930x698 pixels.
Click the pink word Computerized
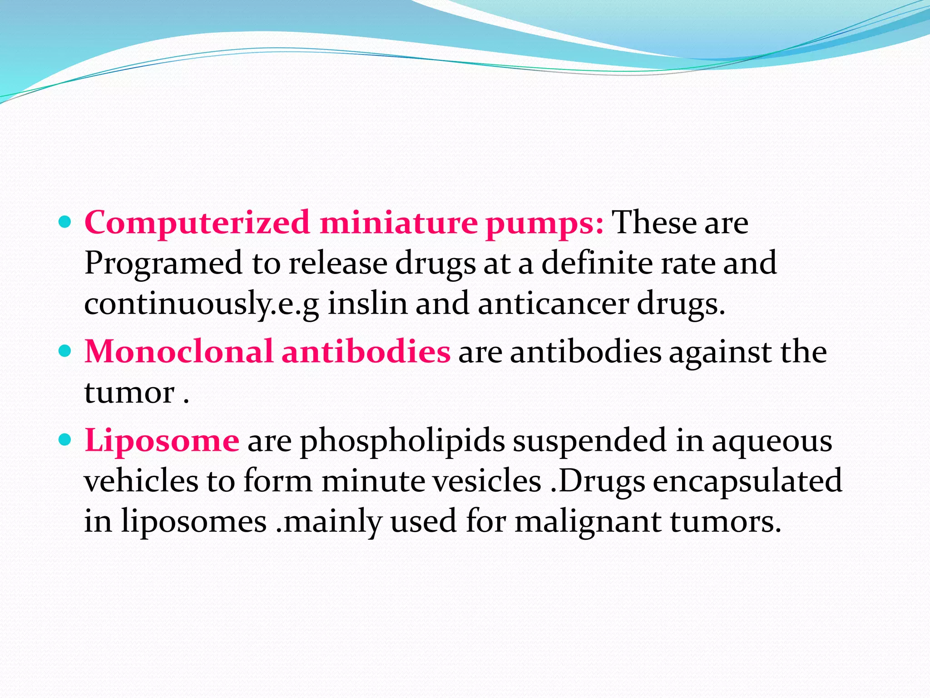pyautogui.click(x=197, y=223)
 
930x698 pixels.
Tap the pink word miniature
pyautogui.click(x=398, y=223)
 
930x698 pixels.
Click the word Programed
pyautogui.click(x=163, y=264)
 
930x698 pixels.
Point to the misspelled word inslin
pyautogui.click(x=367, y=304)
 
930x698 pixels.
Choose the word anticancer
pyautogui.click(x=553, y=304)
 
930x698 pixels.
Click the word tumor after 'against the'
pyautogui.click(x=129, y=392)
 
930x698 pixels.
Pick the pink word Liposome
pyautogui.click(x=162, y=441)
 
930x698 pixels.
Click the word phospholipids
pyautogui.click(x=402, y=441)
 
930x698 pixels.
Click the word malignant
pyautogui.click(x=588, y=522)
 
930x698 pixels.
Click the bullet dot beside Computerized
pyautogui.click(x=65, y=223)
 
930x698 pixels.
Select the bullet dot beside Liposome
pyautogui.click(x=65, y=439)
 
